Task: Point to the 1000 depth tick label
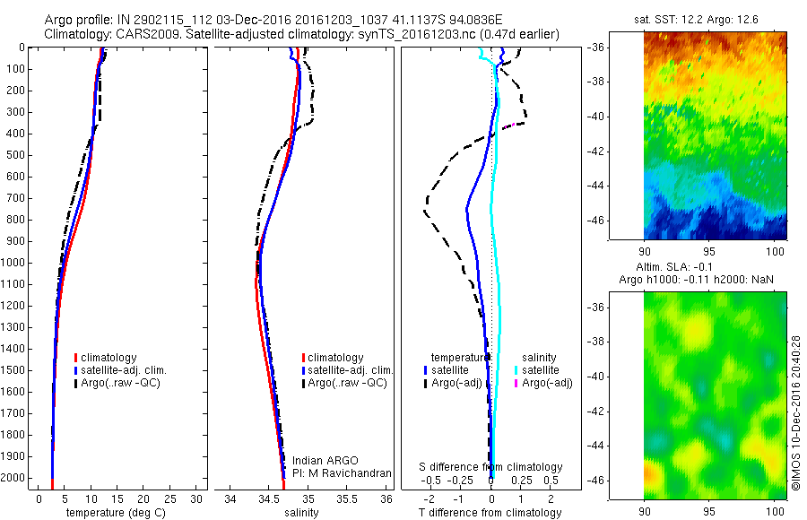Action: (14, 263)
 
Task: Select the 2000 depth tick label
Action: (14, 479)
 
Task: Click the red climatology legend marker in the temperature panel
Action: (77, 358)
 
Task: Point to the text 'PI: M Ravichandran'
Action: (342, 472)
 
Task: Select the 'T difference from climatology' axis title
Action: (491, 513)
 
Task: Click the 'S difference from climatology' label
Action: (491, 467)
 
